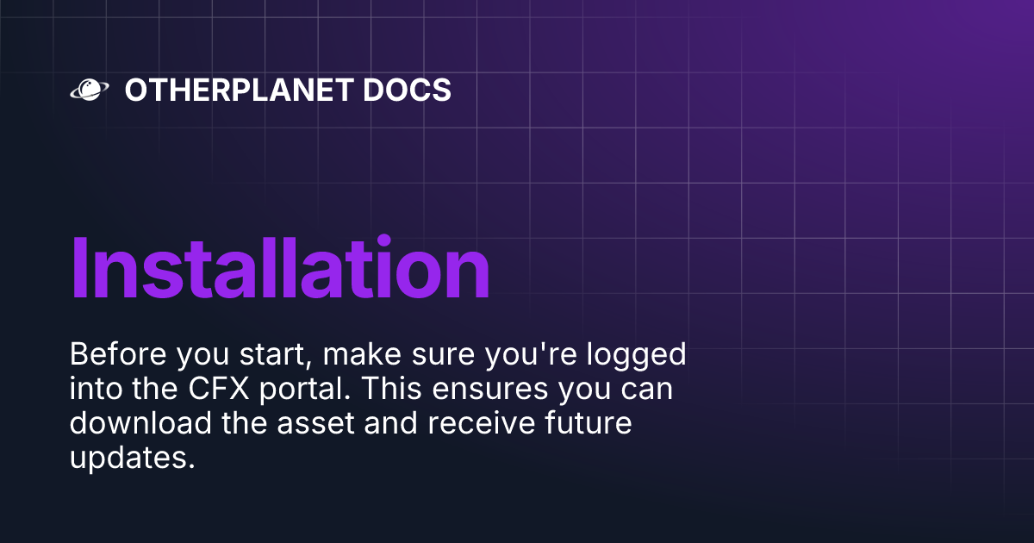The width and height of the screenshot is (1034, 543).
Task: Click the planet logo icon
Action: point(88,90)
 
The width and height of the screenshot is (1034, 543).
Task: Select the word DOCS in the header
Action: point(411,90)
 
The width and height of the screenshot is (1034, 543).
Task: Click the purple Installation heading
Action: point(280,267)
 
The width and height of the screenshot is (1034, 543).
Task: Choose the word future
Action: point(581,423)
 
